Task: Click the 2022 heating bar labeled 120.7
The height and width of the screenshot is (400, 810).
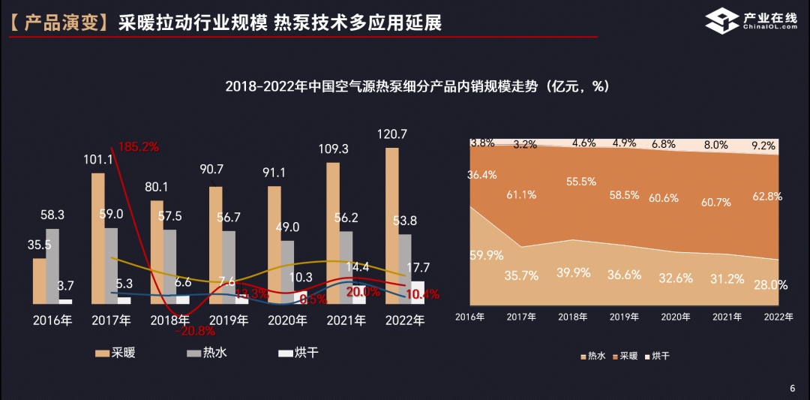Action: (391, 225)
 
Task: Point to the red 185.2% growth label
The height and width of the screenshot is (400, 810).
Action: (136, 147)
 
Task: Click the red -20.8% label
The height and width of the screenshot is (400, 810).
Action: (194, 330)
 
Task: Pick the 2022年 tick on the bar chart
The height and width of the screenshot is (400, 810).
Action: (404, 320)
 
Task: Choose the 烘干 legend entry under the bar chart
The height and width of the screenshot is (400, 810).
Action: (298, 352)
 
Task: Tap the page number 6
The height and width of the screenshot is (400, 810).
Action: (792, 388)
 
